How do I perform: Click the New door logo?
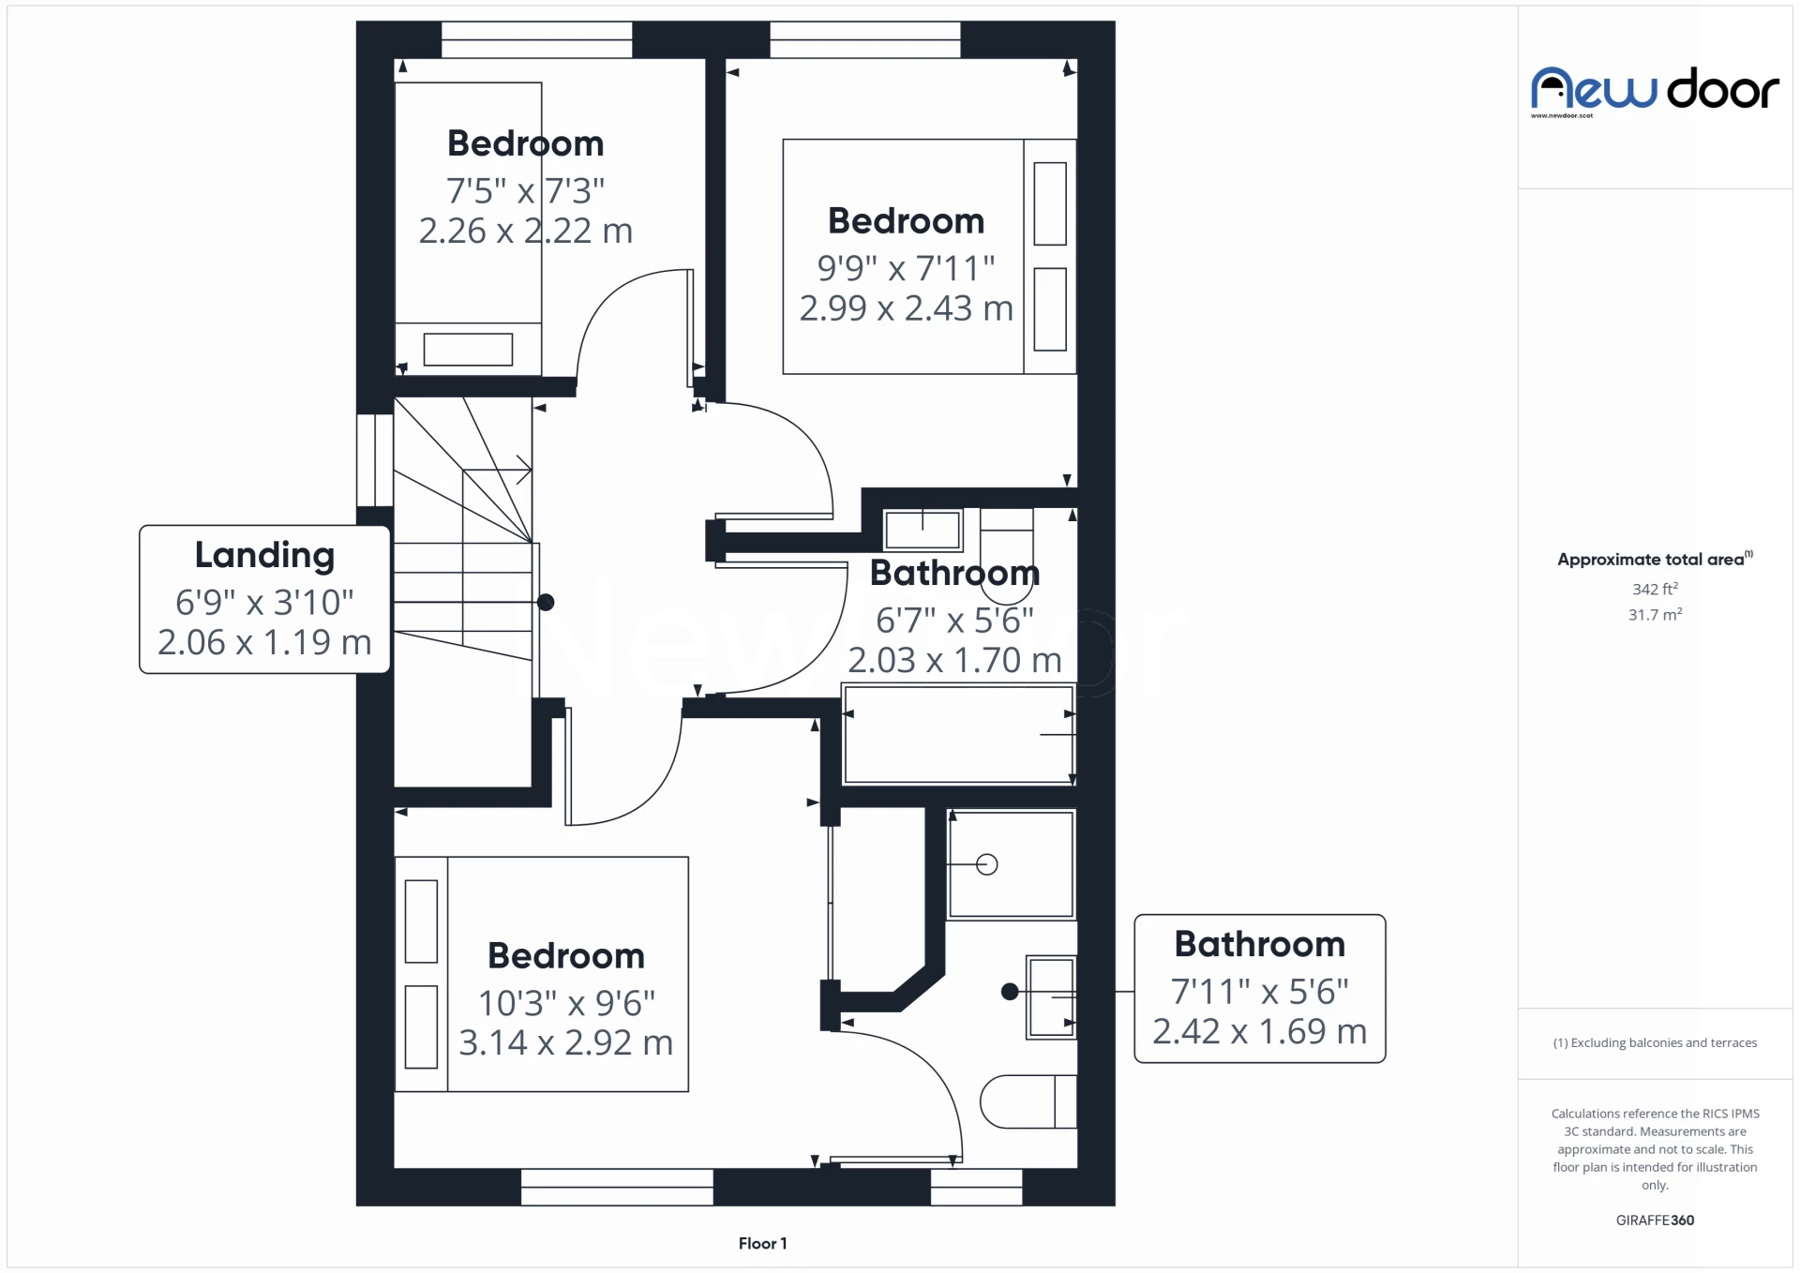[1655, 90]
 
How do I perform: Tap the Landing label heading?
[264, 555]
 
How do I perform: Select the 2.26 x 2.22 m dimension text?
[525, 231]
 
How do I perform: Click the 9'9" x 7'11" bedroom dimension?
[906, 268]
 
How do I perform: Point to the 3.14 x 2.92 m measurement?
[565, 1042]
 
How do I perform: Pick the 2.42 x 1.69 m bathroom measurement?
[1259, 1031]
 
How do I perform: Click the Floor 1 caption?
[762, 1243]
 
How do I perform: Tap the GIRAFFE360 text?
[1655, 1220]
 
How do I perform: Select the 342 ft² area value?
[1655, 589]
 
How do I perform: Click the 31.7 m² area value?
[1655, 615]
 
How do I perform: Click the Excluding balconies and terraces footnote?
[1655, 1042]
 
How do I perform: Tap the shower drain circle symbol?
[986, 864]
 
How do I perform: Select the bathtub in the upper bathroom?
[958, 735]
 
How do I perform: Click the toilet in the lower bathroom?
[1027, 1101]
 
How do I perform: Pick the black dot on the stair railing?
[546, 603]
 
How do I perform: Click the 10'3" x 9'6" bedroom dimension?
[566, 1003]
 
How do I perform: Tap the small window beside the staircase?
[375, 460]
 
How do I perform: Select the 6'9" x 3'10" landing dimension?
[264, 602]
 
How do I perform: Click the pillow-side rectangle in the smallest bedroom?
[468, 350]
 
